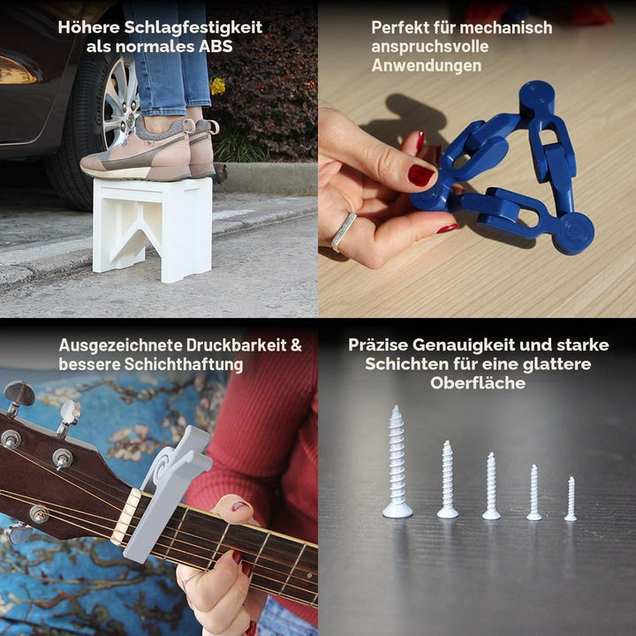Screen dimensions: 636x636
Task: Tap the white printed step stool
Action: point(153,228)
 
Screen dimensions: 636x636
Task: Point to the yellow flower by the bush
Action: point(218,86)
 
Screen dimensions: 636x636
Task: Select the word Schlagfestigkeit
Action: point(193,27)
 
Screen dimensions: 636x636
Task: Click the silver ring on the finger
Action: point(344,231)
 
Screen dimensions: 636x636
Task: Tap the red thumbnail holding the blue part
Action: point(420,175)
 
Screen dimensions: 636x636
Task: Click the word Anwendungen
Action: point(427,65)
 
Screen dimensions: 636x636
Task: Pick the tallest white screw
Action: point(397,462)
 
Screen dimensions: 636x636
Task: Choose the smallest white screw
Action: point(571,499)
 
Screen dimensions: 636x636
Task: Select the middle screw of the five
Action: point(491,486)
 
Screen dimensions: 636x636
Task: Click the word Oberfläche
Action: point(478,382)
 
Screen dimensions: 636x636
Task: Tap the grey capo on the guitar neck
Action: point(166,493)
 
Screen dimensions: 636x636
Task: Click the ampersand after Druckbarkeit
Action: point(296,345)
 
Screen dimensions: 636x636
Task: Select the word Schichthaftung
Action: point(184,364)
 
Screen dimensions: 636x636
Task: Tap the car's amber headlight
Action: point(18,70)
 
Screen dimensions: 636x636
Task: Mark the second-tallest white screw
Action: point(447,480)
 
